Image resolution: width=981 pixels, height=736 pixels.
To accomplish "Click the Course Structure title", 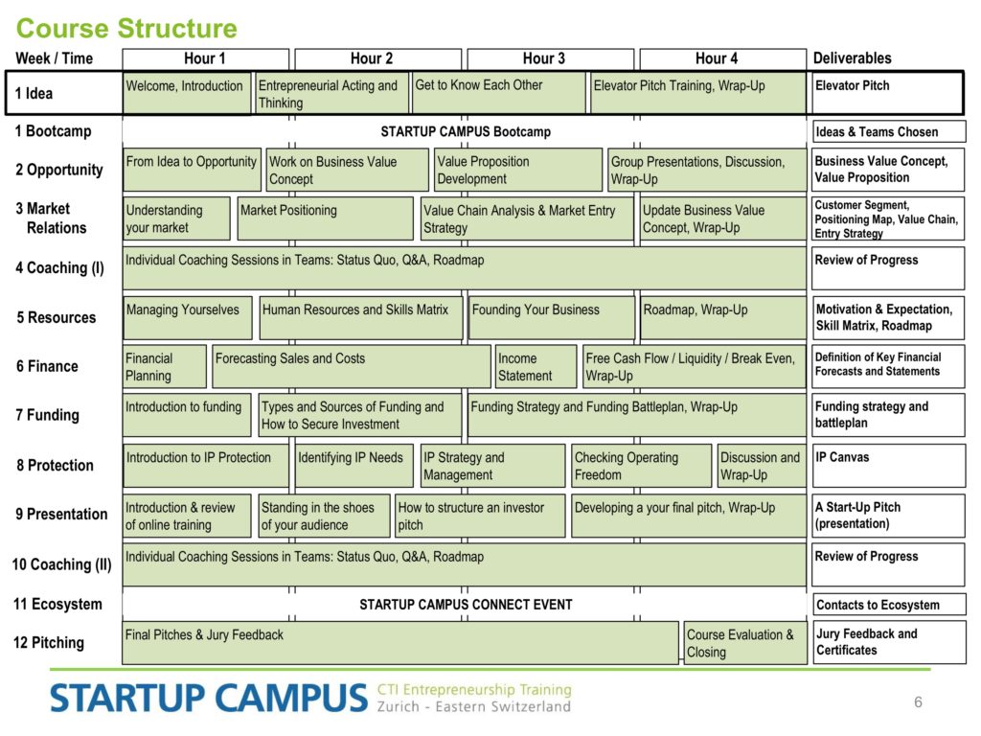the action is point(126,28).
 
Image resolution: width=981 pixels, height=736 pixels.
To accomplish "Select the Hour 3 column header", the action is point(551,58).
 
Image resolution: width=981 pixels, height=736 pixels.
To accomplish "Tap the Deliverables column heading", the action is point(852,58).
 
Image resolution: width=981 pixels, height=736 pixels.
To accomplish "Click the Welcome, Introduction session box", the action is point(187,93).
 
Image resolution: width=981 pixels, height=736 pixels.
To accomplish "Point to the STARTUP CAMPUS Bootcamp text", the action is point(466,131).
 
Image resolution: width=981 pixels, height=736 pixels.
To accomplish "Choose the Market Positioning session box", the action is point(326,218).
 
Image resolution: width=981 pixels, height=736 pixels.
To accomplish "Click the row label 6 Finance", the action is point(48,366).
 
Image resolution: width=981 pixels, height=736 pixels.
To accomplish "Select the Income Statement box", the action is point(536,366).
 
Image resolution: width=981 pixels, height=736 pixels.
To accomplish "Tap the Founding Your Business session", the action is point(552,317).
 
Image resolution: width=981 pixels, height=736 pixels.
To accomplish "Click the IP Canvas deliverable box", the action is point(888,465).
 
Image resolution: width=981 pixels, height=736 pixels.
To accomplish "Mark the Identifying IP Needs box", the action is point(354,465).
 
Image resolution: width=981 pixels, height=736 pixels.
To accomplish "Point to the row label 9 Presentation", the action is point(61,514).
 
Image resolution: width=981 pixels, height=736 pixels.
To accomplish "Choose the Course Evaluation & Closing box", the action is point(745,643).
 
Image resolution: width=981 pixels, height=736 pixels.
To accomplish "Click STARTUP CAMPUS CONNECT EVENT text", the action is point(466,605).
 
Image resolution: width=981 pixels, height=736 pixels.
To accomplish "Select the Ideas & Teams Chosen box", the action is point(888,131).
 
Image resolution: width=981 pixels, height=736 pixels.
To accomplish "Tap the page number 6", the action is point(918,701).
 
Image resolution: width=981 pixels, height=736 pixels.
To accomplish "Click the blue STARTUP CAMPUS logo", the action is point(209,698).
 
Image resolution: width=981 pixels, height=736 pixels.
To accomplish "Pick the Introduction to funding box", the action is point(187,415).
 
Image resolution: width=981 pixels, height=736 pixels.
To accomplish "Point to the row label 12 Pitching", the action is point(49,643).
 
